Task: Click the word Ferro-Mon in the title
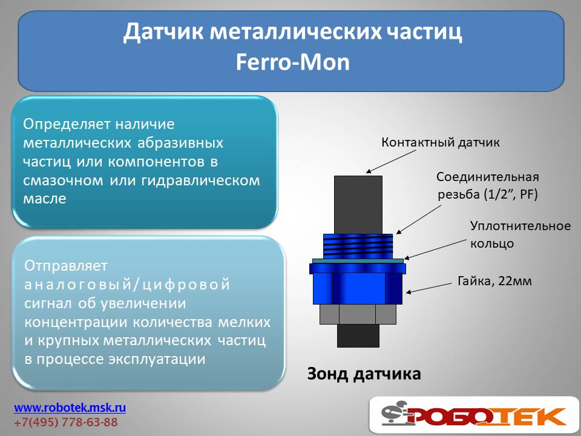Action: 293,62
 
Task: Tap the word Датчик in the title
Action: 163,32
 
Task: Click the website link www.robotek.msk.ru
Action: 70,408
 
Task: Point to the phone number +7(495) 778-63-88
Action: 66,422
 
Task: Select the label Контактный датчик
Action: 441,142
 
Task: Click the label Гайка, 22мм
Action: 494,281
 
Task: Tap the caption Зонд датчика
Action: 364,374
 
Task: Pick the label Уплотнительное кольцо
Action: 520,235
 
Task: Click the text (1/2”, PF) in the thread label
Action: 511,194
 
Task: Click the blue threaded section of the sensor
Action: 358,246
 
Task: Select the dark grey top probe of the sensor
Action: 358,205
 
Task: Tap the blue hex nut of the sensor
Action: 358,283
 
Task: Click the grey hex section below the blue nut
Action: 358,314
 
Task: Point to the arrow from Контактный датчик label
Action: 392,162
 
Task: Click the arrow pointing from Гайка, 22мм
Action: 430,288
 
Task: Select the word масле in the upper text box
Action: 44,199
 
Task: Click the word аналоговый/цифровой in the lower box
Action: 127,285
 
